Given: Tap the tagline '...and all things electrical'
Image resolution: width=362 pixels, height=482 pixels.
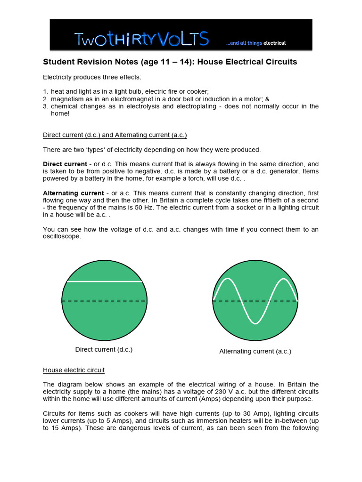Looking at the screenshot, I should click(x=255, y=43).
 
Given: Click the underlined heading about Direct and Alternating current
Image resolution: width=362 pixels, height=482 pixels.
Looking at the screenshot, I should click(x=115, y=135).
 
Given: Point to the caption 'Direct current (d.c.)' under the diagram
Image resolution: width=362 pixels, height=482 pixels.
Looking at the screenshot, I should click(x=104, y=350).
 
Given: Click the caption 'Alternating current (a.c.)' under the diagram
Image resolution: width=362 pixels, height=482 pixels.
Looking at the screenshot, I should click(x=255, y=351).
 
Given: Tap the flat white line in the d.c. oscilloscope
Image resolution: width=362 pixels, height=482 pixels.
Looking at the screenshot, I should click(x=104, y=281).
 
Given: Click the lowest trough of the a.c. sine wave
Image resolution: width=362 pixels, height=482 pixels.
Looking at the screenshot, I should click(x=255, y=323).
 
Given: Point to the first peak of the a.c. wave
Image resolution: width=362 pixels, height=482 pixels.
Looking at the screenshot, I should click(x=227, y=279).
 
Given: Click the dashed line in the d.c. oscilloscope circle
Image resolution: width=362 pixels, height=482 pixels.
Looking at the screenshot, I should click(x=104, y=301).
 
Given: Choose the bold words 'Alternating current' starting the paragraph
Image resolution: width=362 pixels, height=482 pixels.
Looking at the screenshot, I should click(x=73, y=193).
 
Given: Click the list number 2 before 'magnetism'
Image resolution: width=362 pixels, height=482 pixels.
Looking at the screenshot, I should click(x=45, y=99).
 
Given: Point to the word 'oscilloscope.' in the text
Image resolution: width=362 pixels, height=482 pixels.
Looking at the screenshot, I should click(x=62, y=237).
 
